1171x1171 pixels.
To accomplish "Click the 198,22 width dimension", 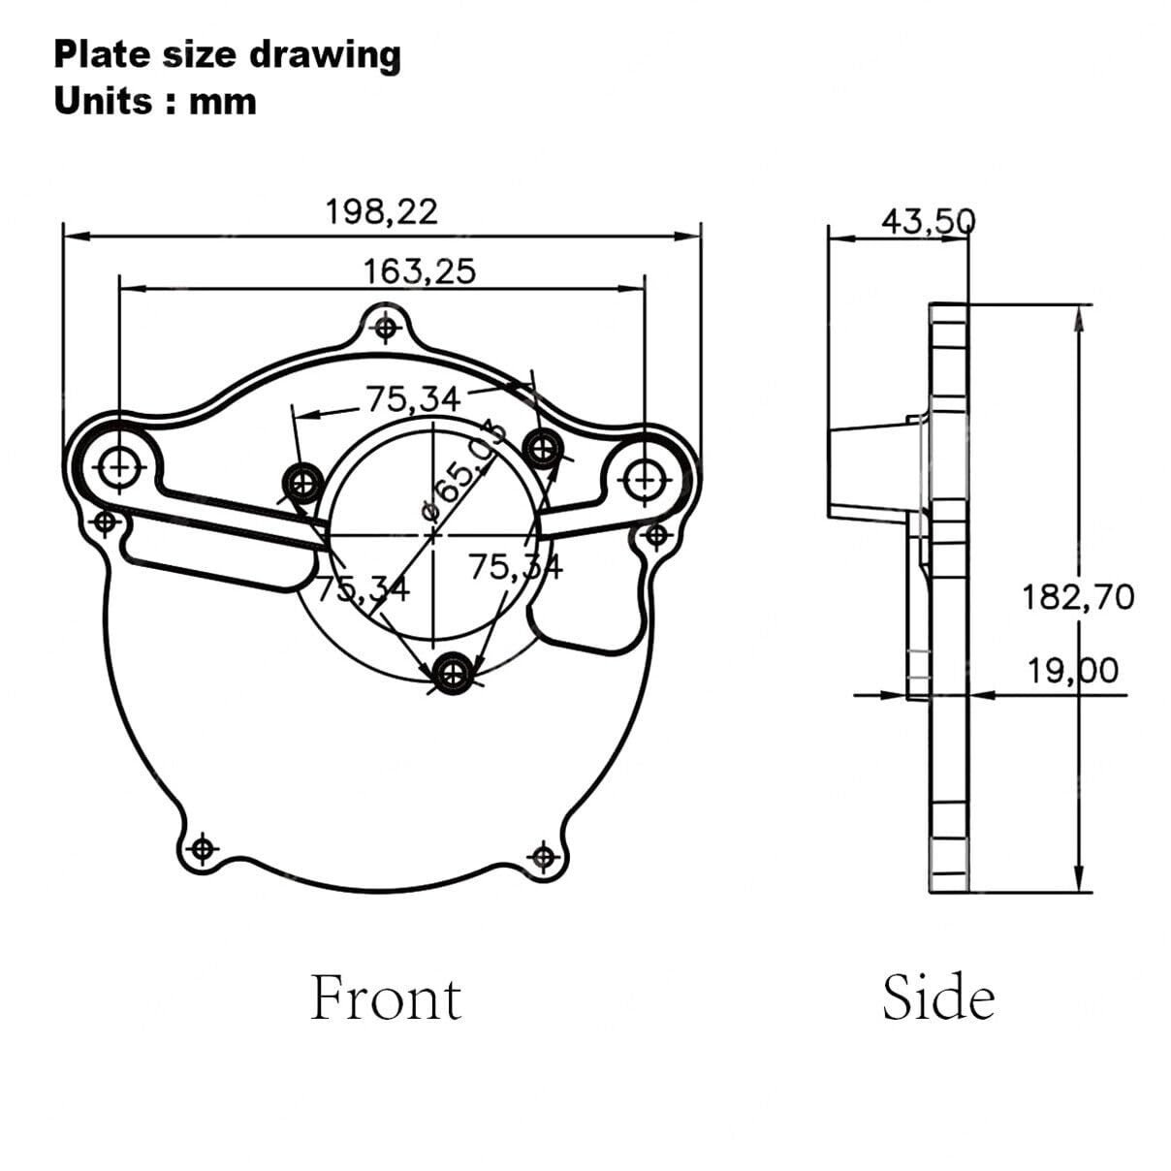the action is click(x=382, y=212).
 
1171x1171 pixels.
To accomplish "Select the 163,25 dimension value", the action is click(x=420, y=271).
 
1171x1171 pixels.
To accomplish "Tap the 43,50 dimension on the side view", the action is click(x=929, y=221).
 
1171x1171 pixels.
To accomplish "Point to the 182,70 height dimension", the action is click(x=1078, y=597).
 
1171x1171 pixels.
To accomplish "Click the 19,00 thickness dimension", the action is click(x=1072, y=672).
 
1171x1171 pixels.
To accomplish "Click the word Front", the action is click(x=386, y=997).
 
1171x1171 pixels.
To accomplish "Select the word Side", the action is click(x=938, y=997).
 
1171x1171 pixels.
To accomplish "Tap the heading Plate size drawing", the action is click(x=227, y=55).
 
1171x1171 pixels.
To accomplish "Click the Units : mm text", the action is click(x=155, y=102).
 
